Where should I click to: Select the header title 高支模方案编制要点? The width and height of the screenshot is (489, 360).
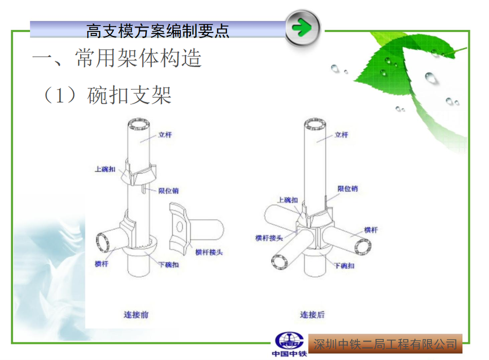(x=158, y=31)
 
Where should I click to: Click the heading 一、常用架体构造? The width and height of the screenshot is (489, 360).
(x=117, y=58)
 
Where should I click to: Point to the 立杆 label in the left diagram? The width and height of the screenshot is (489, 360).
(x=165, y=135)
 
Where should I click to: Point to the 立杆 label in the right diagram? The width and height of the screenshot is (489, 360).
(x=341, y=135)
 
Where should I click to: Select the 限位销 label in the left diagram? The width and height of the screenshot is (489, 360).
(x=168, y=191)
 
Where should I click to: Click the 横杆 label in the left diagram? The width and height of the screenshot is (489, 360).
(x=101, y=264)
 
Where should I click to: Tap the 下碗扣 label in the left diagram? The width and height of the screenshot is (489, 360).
(x=168, y=265)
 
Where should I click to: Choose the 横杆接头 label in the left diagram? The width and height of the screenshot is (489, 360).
(x=209, y=252)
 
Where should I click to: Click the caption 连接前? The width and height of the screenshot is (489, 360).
(x=136, y=314)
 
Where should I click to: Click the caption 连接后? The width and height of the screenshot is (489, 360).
(x=312, y=314)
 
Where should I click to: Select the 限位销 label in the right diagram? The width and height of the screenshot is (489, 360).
(x=347, y=189)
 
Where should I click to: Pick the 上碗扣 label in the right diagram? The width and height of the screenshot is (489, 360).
(x=287, y=201)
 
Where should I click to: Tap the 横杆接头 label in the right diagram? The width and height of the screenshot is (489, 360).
(x=269, y=238)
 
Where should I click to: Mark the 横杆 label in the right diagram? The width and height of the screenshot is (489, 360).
(x=371, y=230)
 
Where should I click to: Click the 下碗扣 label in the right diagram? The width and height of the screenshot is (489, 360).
(x=344, y=266)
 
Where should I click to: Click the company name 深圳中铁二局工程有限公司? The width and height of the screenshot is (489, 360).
(x=385, y=343)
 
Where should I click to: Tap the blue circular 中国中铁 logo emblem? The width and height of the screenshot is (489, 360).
(x=289, y=340)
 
